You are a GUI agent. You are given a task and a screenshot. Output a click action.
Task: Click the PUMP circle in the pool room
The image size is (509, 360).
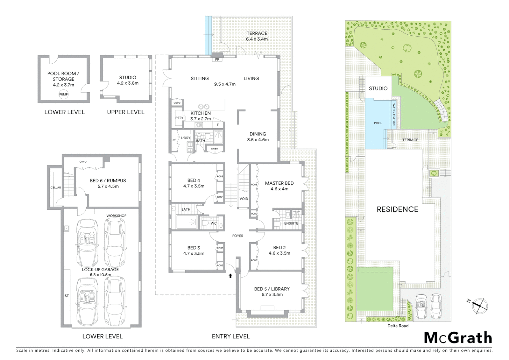pos(63,95)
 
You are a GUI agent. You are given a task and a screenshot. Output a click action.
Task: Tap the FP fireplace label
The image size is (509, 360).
pos(217,60)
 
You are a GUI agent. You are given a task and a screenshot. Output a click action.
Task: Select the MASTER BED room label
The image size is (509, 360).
pos(279,183)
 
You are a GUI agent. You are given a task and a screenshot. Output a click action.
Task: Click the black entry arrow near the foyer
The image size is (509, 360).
pos(230,276)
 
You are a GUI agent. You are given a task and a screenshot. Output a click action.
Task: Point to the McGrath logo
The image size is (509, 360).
pos(458,338)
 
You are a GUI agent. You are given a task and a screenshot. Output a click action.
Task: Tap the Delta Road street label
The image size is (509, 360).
pos(398,326)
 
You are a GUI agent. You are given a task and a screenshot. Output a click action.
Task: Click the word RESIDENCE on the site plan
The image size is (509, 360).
pos(397,209)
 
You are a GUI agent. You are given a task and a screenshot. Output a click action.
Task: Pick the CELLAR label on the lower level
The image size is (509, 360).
pos(56,187)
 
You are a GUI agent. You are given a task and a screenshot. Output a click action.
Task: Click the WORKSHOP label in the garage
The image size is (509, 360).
pos(116,216)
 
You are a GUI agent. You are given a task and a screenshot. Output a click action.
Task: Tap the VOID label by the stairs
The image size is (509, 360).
pos(244,199)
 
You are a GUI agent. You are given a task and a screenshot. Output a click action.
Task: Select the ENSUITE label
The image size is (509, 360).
pos(291,223)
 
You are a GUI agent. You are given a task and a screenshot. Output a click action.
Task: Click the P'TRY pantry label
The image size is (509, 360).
pos(179,118)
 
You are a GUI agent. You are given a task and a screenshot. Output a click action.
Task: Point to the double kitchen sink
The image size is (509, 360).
pos(204,106)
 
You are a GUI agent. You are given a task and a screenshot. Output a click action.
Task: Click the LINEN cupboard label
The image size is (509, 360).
pos(215,149)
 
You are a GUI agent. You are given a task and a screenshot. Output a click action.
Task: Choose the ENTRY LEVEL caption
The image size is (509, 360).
pos(231,336)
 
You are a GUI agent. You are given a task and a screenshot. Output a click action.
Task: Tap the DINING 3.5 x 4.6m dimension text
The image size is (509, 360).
pos(258,140)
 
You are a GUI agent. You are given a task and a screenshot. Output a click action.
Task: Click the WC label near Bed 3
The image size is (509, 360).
pos(214,223)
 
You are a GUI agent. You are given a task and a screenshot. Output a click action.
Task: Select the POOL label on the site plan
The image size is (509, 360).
pos(378,123)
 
